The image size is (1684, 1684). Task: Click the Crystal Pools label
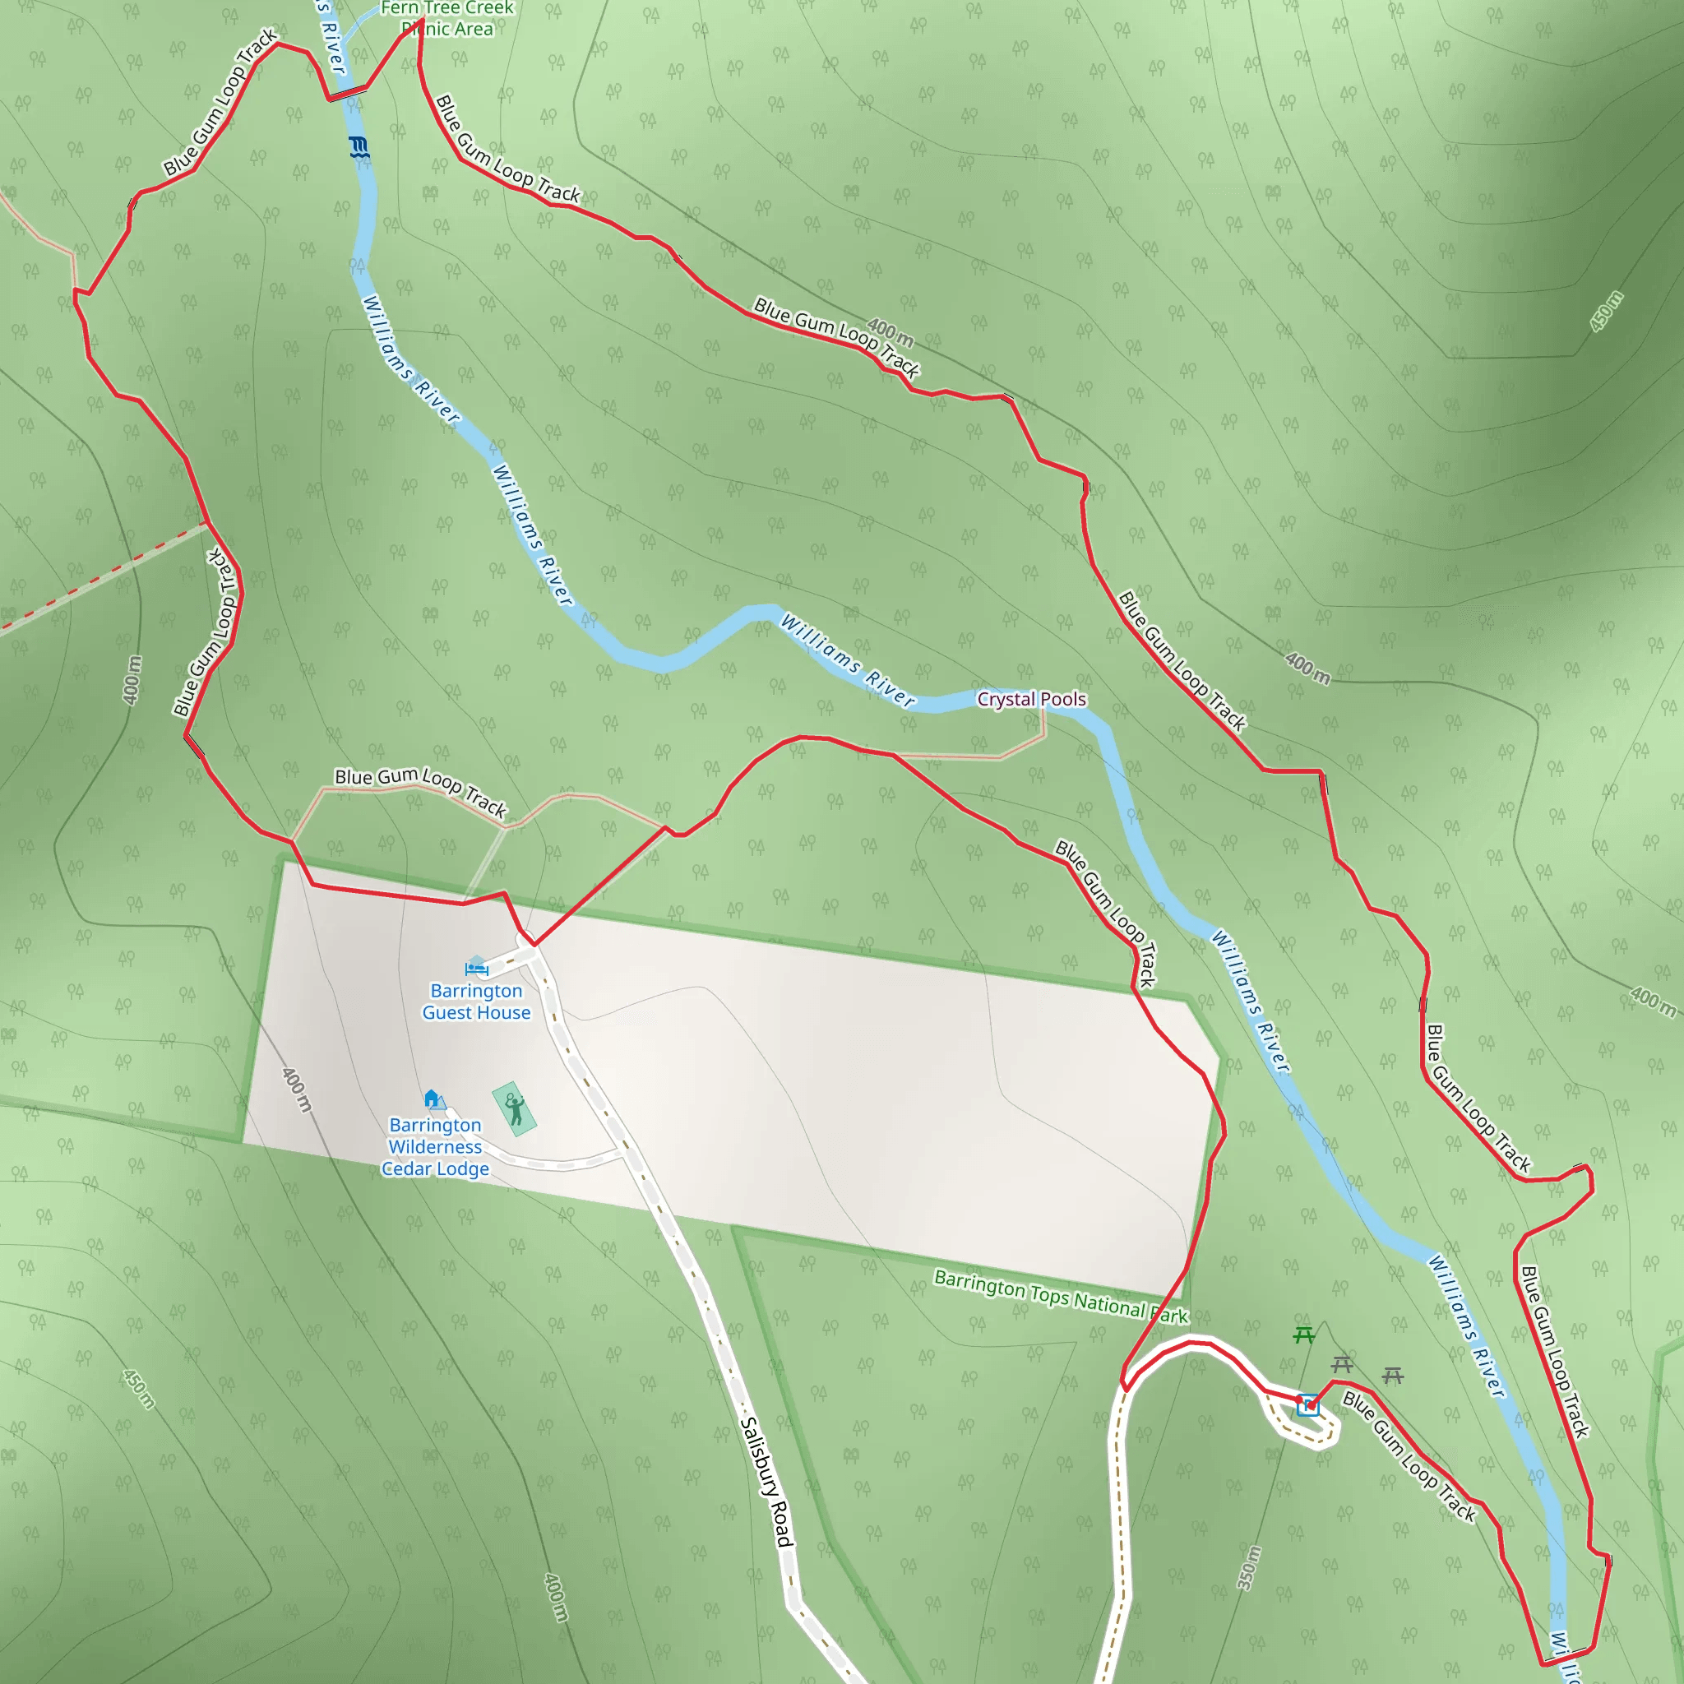click(x=1031, y=699)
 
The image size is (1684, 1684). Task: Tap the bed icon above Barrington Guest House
click(x=476, y=966)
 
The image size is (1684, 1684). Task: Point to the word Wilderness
click(x=435, y=1147)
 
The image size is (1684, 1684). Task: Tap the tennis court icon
click(x=514, y=1108)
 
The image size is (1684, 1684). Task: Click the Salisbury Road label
click(x=766, y=1483)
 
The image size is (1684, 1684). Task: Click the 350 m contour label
click(x=1249, y=1568)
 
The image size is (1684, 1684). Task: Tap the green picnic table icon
click(x=1304, y=1335)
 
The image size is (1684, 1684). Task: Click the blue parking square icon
click(x=1307, y=1405)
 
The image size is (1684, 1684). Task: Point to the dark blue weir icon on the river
click(x=359, y=147)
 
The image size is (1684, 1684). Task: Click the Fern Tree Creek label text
click(x=447, y=8)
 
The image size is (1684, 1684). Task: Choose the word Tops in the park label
click(x=1049, y=1295)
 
